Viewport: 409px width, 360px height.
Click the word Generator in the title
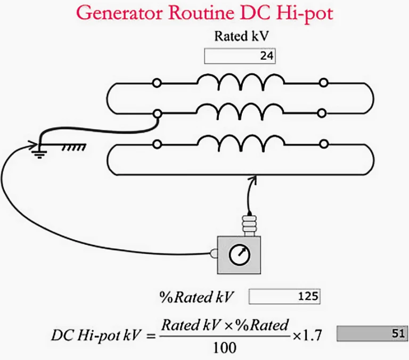[119, 13]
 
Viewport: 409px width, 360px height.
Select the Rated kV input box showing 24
[240, 56]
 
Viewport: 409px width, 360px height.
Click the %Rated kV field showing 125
[284, 296]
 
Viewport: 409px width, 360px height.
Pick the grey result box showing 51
[372, 333]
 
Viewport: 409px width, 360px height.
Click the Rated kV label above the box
[241, 36]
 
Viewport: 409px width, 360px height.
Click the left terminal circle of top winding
[157, 83]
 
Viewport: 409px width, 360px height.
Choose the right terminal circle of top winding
[324, 83]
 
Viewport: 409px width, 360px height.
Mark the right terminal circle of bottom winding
[324, 144]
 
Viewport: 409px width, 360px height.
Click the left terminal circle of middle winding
[157, 114]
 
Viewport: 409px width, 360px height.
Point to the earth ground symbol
[39, 153]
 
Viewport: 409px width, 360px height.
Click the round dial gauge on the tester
[240, 255]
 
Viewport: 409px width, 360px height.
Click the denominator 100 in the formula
[225, 348]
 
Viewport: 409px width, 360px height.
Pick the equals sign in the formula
[151, 336]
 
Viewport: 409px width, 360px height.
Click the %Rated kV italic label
[196, 297]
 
